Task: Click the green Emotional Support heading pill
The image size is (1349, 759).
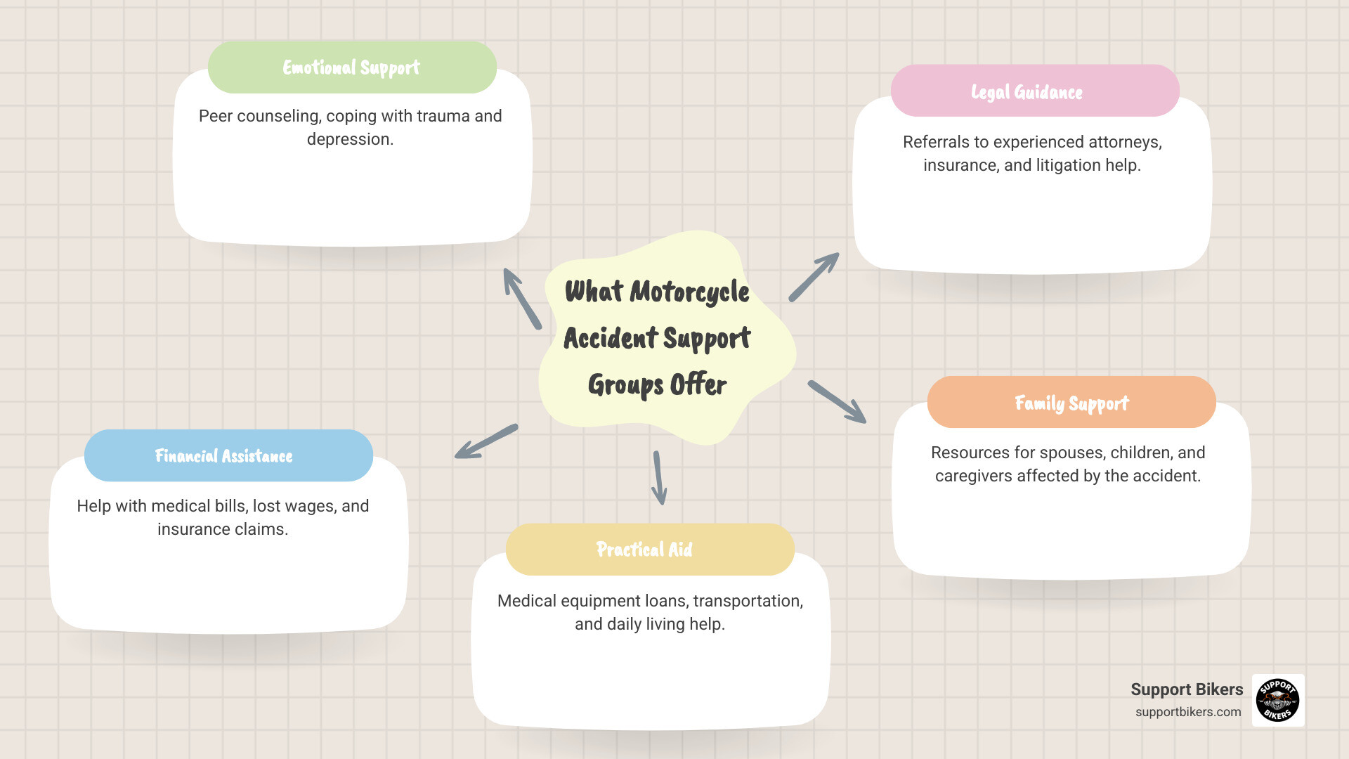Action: point(352,67)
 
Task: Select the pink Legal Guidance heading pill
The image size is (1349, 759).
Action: point(1034,91)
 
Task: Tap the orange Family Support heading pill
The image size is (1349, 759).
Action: point(1071,403)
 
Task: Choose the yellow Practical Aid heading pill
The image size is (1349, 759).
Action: point(649,550)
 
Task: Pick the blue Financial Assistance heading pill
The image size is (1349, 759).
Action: point(228,456)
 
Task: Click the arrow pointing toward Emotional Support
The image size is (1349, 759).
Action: point(521,298)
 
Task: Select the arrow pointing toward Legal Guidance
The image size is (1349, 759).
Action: point(814,277)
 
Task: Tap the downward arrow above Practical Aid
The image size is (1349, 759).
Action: point(659,478)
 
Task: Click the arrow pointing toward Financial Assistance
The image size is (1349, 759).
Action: point(486,441)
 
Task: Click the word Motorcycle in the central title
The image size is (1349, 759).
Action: point(689,292)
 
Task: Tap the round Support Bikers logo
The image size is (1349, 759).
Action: point(1277,700)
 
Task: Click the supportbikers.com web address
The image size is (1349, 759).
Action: point(1187,712)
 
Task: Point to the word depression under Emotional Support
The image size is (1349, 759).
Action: point(349,139)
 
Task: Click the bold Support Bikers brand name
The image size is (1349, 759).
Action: point(1186,689)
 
